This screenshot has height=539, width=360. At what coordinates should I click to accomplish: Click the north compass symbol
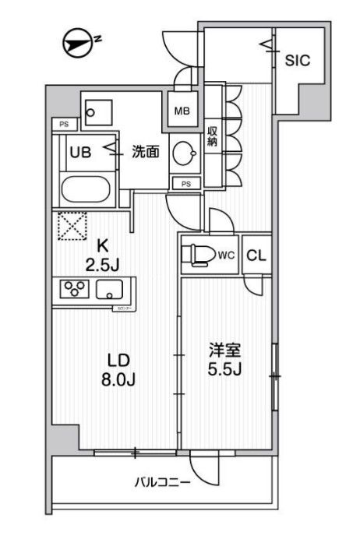76,43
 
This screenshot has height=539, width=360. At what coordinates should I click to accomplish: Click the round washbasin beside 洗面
184,153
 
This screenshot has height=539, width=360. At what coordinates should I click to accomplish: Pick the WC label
226,254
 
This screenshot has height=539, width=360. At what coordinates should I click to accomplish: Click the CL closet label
256,255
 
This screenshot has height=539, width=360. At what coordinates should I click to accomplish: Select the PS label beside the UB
64,123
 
